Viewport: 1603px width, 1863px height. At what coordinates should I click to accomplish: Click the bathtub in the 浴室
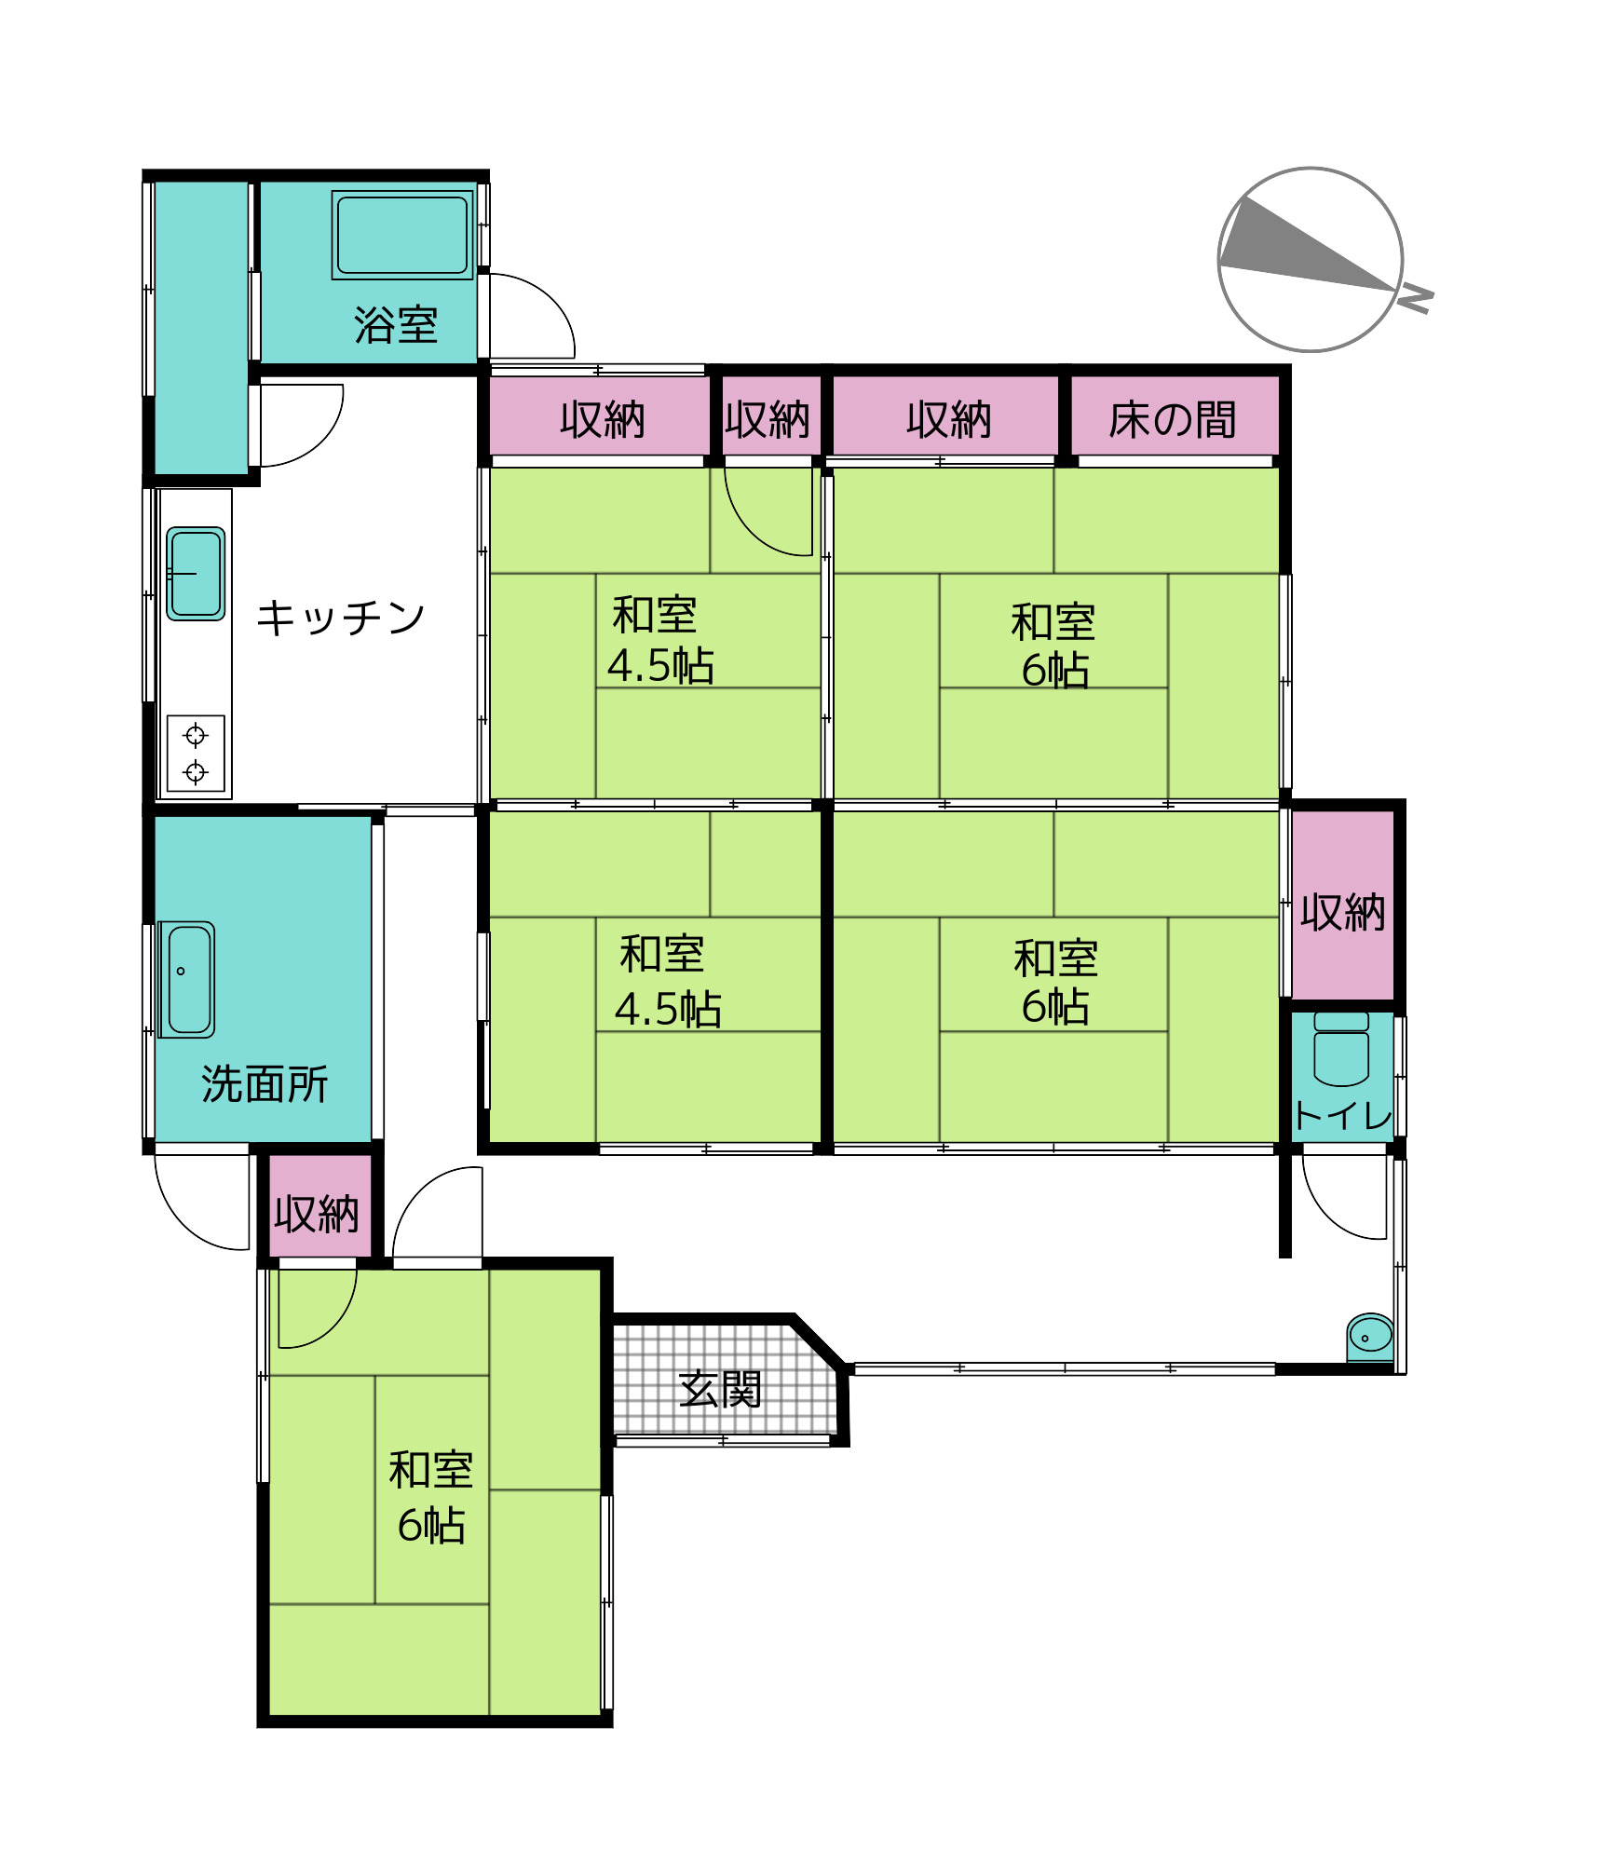tap(402, 235)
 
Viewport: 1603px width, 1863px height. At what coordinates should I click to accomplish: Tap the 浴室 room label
tap(396, 325)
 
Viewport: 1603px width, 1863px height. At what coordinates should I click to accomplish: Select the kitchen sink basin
tap(196, 574)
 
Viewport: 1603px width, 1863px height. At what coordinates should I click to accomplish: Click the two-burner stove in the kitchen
tap(196, 753)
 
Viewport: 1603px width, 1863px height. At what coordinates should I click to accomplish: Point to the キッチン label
tap(341, 618)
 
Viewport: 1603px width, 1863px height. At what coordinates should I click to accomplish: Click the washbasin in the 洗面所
tap(187, 979)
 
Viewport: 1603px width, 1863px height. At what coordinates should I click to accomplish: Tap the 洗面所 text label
tap(265, 1084)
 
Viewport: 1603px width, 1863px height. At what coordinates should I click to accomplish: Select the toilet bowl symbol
tap(1341, 1051)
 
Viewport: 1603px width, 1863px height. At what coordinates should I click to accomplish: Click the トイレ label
tap(1342, 1115)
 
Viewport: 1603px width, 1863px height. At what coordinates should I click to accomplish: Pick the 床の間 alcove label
tap(1173, 420)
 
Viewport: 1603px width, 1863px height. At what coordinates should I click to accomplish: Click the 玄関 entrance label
tap(720, 1389)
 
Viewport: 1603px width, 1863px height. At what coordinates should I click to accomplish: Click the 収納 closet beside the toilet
tap(1342, 912)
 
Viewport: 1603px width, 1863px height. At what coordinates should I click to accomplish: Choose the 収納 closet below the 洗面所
tap(317, 1214)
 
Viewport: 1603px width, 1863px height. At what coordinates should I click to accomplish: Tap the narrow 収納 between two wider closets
tap(768, 420)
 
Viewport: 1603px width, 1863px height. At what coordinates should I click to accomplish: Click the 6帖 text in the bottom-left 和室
tap(431, 1526)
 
